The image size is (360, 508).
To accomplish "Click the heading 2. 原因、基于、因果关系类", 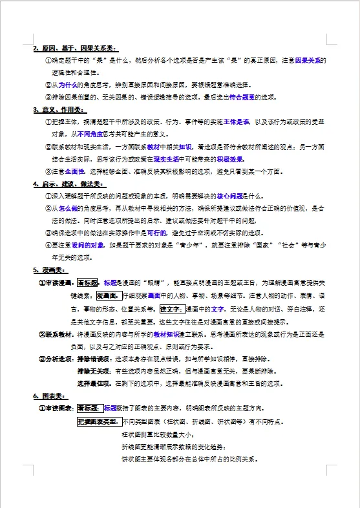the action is point(75,48).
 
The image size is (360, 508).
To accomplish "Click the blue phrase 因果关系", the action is point(310,60).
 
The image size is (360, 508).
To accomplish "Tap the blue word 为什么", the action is point(65,85).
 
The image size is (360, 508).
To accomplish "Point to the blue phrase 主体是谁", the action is point(237,122).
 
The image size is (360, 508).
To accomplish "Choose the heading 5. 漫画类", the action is point(50,270).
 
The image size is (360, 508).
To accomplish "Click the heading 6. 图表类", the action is point(50,396).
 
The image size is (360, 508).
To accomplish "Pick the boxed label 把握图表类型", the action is point(98,421).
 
